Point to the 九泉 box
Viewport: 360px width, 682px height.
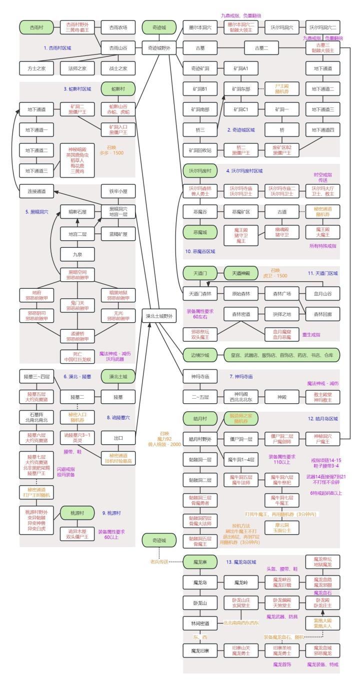coord(77,254)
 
